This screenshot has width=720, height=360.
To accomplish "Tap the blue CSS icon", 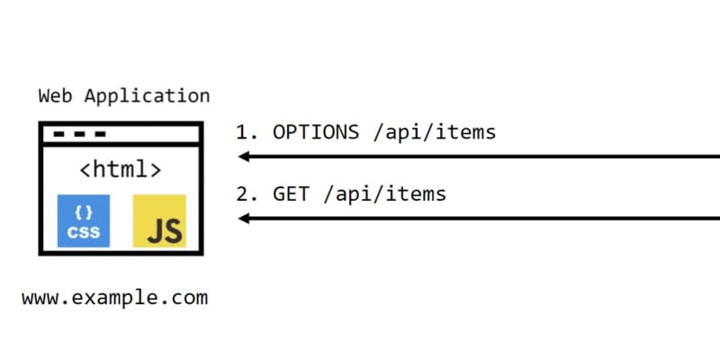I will (x=84, y=220).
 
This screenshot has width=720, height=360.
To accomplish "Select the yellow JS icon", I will (x=159, y=220).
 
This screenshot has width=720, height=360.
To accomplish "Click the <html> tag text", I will (x=121, y=169).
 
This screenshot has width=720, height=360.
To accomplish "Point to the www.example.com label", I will (x=114, y=297).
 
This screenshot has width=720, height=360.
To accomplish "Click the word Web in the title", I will (x=54, y=95).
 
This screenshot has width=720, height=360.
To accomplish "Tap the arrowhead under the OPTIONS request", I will (x=243, y=157).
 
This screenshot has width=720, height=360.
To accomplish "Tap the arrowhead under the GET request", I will (x=243, y=218).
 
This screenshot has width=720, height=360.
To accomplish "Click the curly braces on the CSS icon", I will (x=84, y=212).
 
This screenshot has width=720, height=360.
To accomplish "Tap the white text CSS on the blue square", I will (x=84, y=230).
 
